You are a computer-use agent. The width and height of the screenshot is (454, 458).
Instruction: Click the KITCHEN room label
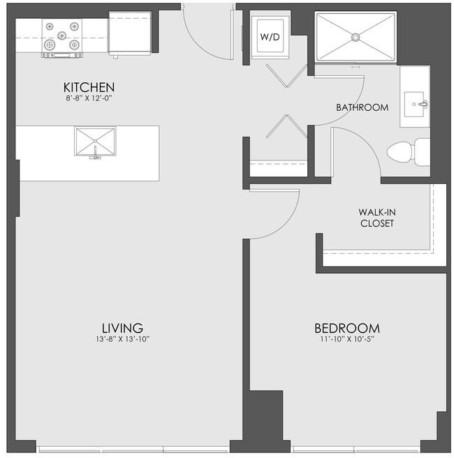pyautogui.click(x=89, y=87)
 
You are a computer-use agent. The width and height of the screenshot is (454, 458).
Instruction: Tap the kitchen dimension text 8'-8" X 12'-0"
pyautogui.click(x=89, y=98)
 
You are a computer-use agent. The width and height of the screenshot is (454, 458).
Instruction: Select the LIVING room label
pyautogui.click(x=122, y=328)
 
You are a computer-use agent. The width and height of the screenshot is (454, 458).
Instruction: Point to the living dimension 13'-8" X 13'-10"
pyautogui.click(x=122, y=339)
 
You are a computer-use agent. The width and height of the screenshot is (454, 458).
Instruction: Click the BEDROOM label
pyautogui.click(x=346, y=328)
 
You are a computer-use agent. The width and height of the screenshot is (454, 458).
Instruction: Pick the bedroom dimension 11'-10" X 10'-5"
pyautogui.click(x=346, y=339)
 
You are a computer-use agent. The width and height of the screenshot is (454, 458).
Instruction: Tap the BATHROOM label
pyautogui.click(x=362, y=107)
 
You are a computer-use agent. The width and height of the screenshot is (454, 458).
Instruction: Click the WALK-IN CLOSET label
pyautogui.click(x=376, y=217)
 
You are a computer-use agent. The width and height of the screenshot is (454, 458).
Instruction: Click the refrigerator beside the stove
pyautogui.click(x=130, y=36)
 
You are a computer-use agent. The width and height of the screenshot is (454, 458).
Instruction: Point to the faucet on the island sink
pyautogui.click(x=94, y=156)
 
